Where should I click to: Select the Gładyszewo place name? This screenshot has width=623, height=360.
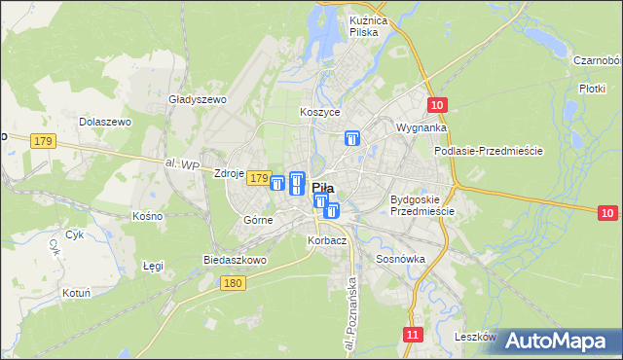(x=198, y=99)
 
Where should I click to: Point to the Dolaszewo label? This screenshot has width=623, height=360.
(x=105, y=123)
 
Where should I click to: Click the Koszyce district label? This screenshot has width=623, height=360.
(x=320, y=112)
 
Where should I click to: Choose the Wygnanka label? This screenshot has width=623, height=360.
(x=421, y=127)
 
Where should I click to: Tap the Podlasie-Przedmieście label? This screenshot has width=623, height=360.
(x=488, y=152)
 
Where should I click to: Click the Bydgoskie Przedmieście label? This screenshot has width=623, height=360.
(x=421, y=205)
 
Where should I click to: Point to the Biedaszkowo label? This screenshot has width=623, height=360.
(x=234, y=261)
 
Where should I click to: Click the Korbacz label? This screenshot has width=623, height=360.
(x=327, y=239)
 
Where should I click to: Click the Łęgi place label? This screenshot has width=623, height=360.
(x=153, y=265)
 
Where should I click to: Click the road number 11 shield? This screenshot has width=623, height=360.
(x=414, y=335)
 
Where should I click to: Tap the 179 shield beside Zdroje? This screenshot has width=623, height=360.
(x=258, y=178)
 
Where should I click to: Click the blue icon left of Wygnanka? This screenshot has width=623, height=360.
(x=352, y=139)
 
